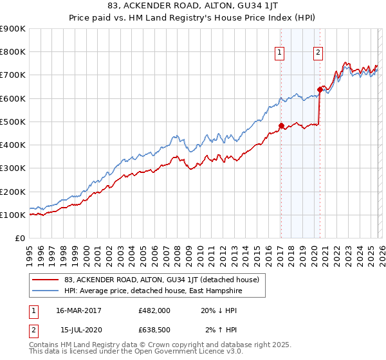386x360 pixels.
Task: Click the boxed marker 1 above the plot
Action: click(280, 53)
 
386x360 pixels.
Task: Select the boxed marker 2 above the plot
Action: click(318, 53)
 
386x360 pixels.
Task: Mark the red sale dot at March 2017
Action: click(281, 126)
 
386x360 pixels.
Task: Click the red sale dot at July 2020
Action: click(319, 89)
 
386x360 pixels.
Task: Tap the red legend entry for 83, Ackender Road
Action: click(161, 280)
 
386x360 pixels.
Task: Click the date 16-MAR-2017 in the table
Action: click(78, 310)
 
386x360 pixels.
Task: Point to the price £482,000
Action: click(154, 310)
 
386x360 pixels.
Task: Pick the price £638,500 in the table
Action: click(154, 330)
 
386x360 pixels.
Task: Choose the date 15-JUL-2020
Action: click(78, 330)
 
